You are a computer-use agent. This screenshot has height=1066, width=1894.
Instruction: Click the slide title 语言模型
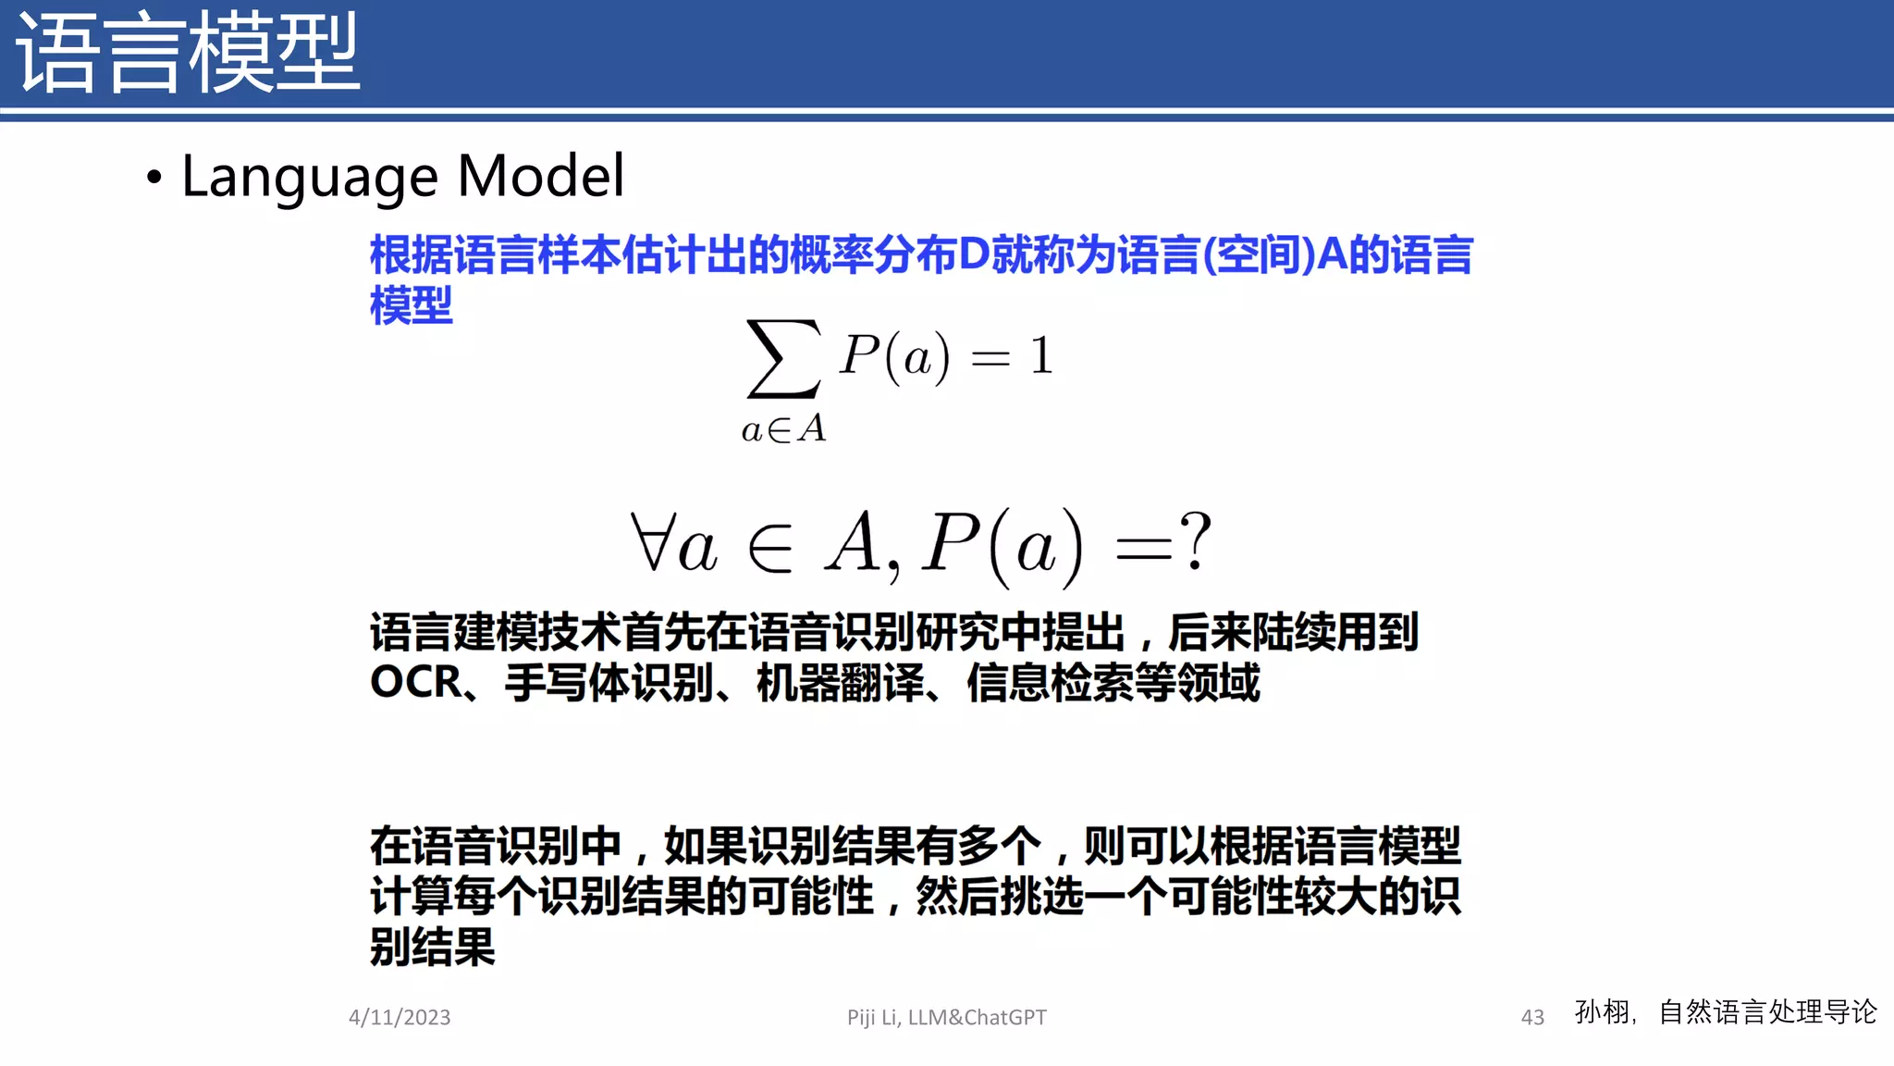click(188, 54)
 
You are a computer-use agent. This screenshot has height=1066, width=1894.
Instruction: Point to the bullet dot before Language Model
click(154, 177)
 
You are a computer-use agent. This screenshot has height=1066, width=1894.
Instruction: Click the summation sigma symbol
click(783, 358)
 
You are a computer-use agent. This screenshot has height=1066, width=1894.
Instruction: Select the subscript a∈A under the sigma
click(783, 429)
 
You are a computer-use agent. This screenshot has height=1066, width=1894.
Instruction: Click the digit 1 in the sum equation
click(1042, 356)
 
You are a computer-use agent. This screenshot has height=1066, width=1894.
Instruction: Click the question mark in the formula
click(1196, 541)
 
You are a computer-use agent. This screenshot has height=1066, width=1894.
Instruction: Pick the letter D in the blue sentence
click(975, 254)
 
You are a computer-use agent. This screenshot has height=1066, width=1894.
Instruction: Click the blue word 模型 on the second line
click(412, 305)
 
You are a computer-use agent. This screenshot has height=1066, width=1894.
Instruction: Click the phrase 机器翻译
click(840, 683)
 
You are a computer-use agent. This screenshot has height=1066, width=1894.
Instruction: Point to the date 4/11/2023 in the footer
click(400, 1017)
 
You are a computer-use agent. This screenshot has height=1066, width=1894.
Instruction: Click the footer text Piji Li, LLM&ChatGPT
click(947, 1017)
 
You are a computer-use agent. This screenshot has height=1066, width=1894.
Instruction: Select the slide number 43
click(1532, 1017)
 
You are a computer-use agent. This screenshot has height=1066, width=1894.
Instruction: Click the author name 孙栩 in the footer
click(1603, 1011)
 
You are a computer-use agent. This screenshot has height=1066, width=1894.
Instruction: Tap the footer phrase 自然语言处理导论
click(1767, 1011)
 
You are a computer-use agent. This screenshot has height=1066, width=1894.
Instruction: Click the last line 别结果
click(433, 947)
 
